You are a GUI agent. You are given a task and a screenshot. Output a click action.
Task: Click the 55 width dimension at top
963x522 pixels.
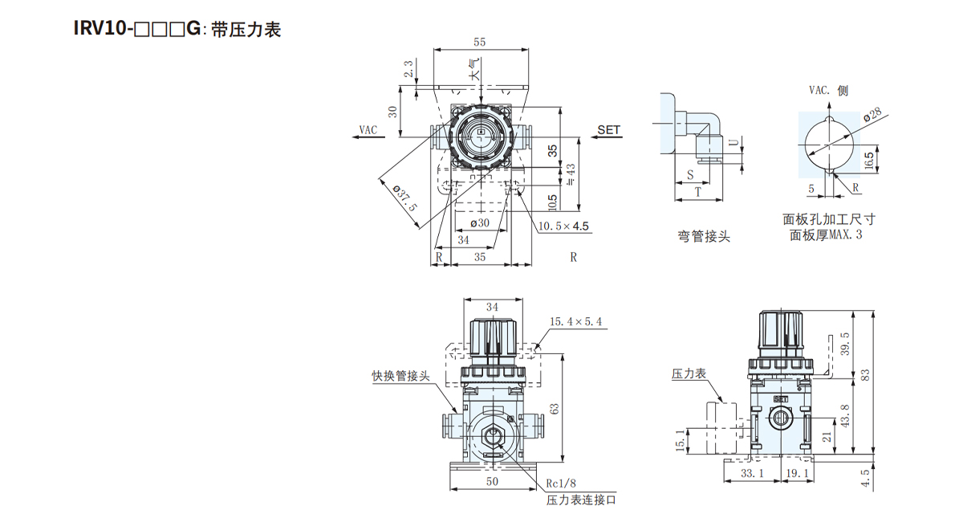tap(480, 41)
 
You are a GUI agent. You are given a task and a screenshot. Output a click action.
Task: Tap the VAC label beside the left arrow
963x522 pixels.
tap(368, 128)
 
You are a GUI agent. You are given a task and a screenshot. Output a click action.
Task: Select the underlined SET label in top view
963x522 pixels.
tap(609, 128)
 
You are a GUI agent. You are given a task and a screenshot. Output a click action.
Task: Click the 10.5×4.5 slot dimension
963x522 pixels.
tap(564, 226)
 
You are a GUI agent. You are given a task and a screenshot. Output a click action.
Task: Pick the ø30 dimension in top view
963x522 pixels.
tap(479, 222)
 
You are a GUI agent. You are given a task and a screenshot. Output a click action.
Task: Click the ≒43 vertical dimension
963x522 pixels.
tap(571, 173)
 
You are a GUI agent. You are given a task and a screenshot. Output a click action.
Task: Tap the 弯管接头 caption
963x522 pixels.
tap(704, 236)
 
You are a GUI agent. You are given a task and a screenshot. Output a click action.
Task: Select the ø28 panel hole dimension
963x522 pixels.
tap(872, 114)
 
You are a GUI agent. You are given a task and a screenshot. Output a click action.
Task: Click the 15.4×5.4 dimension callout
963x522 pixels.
tap(575, 322)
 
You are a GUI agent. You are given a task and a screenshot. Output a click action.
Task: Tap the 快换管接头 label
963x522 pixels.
tap(400, 375)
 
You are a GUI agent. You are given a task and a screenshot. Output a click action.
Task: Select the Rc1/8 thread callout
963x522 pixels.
tap(562, 483)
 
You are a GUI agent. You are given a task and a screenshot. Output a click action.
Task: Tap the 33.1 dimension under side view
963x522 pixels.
tap(754, 474)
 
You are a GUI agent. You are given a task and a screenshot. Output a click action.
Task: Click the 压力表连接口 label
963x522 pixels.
tap(582, 500)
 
